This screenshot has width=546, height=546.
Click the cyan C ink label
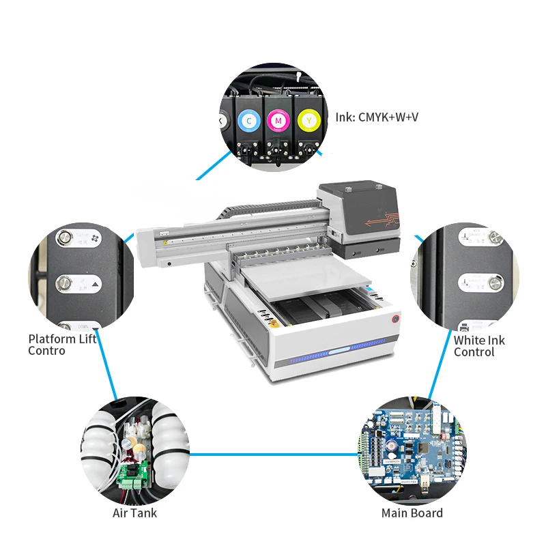click(x=248, y=121)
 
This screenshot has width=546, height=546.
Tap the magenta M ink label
click(x=277, y=121)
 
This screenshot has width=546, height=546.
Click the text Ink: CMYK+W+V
click(x=376, y=117)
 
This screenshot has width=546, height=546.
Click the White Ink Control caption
click(x=478, y=345)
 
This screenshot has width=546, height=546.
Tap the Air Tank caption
click(x=134, y=513)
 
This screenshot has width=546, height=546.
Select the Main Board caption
click(x=412, y=513)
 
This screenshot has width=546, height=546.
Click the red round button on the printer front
click(x=395, y=318)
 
